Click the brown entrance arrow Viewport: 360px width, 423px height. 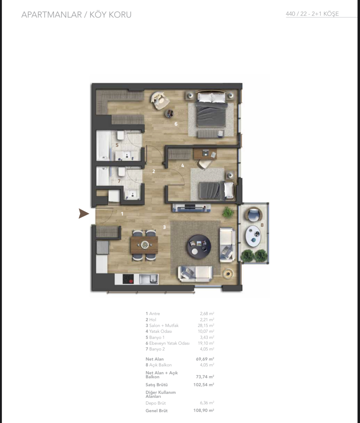[x=83, y=214]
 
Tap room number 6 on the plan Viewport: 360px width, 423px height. [x=176, y=124]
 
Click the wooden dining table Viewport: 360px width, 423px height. [x=144, y=245]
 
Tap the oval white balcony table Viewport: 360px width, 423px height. [x=253, y=236]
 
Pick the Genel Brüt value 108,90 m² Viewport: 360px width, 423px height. [x=204, y=410]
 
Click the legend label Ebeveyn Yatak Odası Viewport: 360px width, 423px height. [x=169, y=343]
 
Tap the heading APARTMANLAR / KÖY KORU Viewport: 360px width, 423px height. [x=76, y=15]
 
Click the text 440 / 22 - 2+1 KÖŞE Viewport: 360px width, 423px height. [x=312, y=14]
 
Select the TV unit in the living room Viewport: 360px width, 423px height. [x=191, y=208]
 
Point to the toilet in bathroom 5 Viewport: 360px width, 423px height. [x=121, y=136]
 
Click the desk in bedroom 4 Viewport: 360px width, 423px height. [x=205, y=154]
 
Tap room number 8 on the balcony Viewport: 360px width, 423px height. [x=262, y=225]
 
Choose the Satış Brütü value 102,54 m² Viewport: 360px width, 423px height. [x=204, y=385]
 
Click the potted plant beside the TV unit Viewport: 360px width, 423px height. [x=228, y=212]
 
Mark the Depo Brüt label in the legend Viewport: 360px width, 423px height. [x=155, y=403]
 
